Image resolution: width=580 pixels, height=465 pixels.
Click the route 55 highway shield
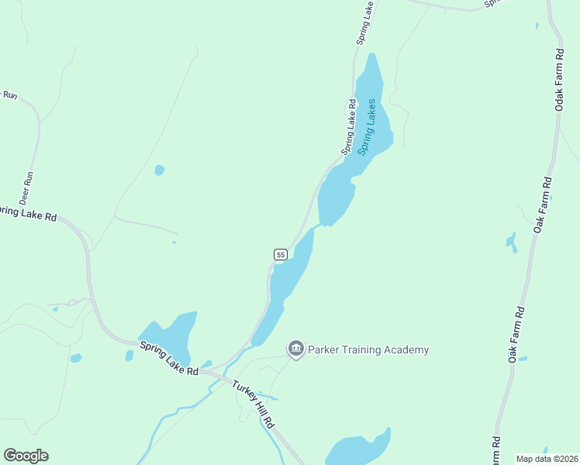(281, 254)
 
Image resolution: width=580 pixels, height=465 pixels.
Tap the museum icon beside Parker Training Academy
(295, 350)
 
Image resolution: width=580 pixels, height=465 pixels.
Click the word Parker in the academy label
(326, 350)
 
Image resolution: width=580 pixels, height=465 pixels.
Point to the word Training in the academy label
(365, 350)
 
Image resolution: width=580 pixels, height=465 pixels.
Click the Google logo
(26, 456)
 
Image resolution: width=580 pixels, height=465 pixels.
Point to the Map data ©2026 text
(547, 459)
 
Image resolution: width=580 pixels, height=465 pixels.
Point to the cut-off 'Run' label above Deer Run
(9, 95)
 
